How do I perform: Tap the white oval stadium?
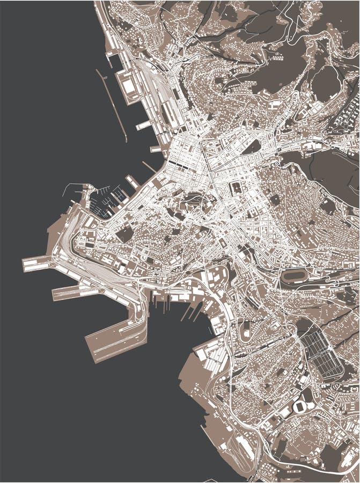300,406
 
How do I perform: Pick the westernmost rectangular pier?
38,264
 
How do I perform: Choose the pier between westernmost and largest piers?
70,292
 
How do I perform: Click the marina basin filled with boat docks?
107,201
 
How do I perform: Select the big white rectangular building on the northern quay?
129,86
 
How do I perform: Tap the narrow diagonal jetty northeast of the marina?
150,166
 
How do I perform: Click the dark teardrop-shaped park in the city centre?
253,145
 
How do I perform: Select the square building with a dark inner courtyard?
237,189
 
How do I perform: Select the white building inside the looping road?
246,328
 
